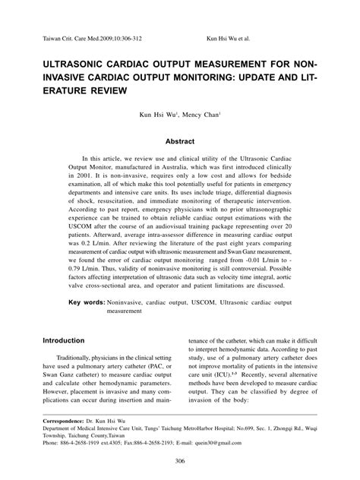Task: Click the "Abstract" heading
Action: point(180,141)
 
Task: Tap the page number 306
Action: point(180,462)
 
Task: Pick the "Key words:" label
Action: point(87,302)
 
